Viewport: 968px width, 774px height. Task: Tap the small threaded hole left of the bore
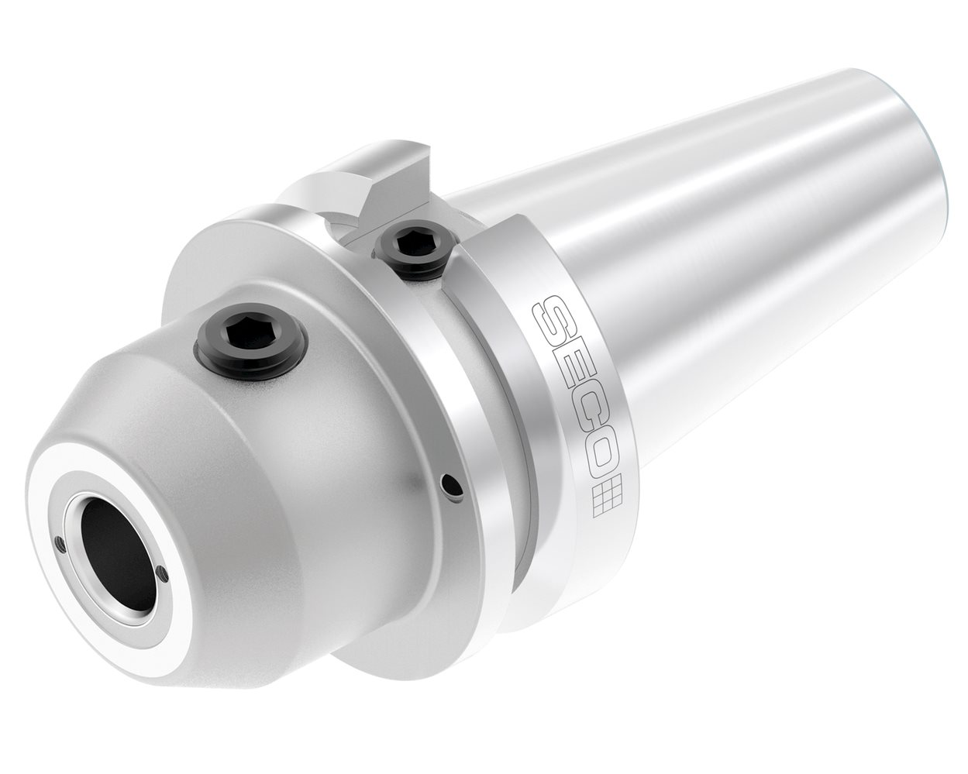(x=59, y=542)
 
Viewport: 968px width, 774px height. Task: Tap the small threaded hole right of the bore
(x=161, y=573)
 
